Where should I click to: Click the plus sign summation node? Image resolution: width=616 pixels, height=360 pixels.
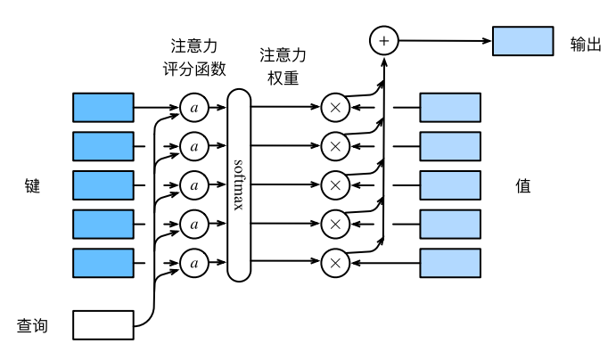(384, 41)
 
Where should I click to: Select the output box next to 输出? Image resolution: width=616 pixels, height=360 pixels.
(523, 42)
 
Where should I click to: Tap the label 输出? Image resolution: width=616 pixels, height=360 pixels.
(587, 43)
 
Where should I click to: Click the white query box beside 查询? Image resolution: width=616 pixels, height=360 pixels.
(103, 325)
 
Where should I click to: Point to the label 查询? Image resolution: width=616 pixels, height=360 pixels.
(32, 326)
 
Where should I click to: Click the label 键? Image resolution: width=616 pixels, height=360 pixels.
(32, 185)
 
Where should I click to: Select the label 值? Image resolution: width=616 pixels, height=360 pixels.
(523, 185)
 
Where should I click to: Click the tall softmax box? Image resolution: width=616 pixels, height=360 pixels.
(239, 185)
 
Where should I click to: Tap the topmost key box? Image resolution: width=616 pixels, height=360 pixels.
(103, 107)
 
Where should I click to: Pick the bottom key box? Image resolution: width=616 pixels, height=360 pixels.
(103, 263)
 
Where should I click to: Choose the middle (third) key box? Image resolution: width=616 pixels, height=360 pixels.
(103, 185)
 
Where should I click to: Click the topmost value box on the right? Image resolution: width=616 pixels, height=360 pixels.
(450, 107)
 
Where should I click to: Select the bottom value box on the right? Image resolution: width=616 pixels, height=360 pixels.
(450, 263)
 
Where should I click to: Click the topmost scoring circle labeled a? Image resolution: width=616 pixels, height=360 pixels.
(193, 107)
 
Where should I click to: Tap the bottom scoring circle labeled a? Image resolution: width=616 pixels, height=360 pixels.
(193, 263)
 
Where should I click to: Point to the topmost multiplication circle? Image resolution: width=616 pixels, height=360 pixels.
(335, 107)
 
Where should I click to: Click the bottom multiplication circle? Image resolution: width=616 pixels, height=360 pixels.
(335, 263)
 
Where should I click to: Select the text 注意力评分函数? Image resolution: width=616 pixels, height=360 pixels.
(193, 55)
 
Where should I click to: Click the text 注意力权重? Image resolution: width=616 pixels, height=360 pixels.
(283, 66)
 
